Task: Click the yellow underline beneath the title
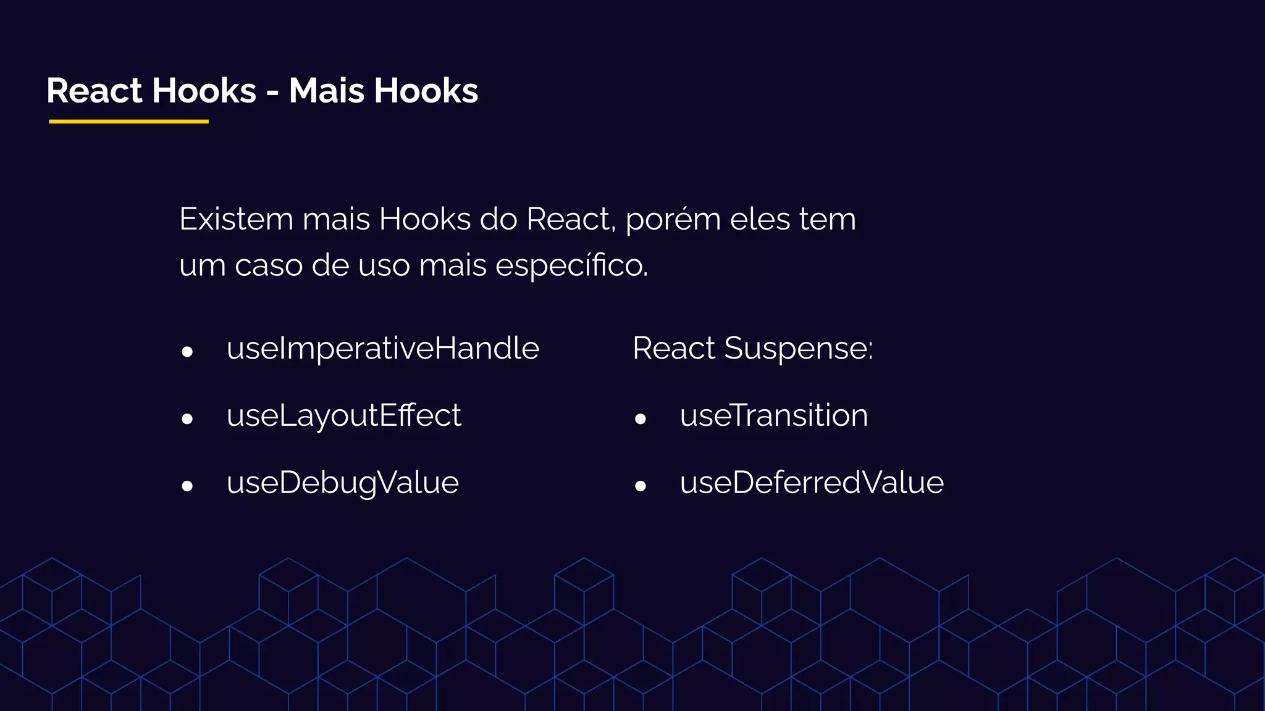128,122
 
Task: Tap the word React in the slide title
95,91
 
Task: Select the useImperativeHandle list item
383,349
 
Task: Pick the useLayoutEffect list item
343,415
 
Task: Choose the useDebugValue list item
343,483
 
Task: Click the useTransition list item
774,415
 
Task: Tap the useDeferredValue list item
812,483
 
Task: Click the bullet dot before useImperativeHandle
187,352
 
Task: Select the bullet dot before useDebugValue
187,486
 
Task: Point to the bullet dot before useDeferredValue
641,486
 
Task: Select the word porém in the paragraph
673,220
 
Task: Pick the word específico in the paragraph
571,266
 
